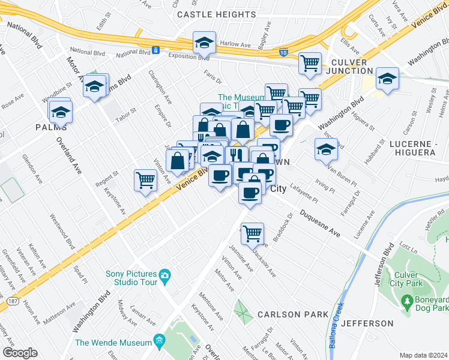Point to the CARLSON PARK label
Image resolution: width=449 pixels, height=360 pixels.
293,314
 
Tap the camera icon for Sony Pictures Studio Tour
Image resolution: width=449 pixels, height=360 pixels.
165,278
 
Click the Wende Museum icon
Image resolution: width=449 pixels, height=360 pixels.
160,343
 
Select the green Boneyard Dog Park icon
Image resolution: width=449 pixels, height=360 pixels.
408,299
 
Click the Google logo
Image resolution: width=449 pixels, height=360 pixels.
20,352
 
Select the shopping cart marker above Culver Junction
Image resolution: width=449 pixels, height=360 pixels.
310,62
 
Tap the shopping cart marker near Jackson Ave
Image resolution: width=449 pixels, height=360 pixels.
253,232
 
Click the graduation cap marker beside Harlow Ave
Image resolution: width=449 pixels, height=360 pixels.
204,43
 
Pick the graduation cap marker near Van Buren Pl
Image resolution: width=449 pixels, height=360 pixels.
325,149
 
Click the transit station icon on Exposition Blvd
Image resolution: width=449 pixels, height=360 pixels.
155,50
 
